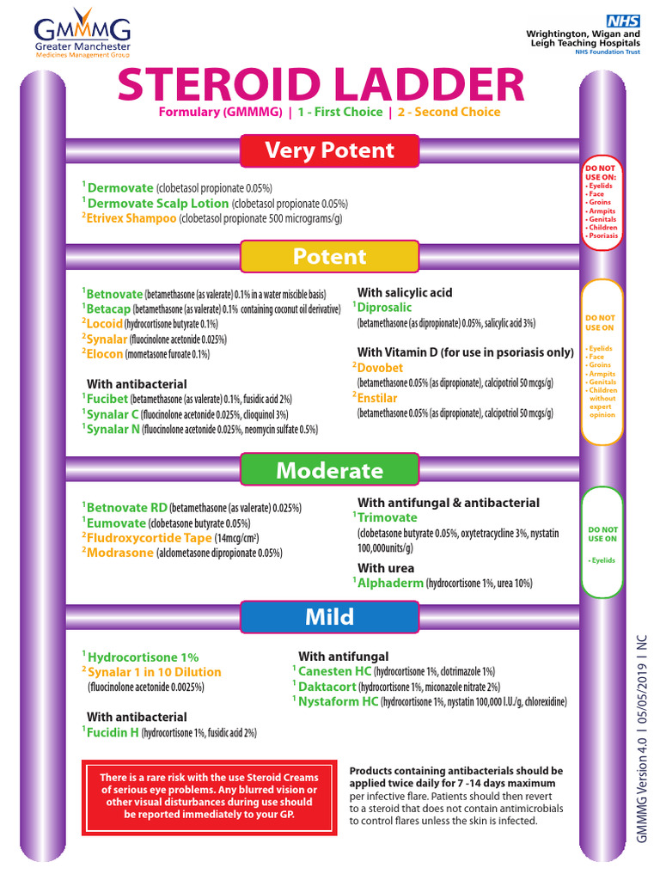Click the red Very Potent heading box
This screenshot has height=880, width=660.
click(329, 151)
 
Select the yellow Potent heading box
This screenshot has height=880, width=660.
click(329, 257)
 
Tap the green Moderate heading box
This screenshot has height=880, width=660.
click(329, 471)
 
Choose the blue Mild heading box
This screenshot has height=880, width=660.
click(329, 617)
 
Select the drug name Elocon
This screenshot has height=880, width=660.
click(105, 353)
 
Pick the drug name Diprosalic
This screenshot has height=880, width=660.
click(384, 308)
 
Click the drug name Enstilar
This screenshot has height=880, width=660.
click(378, 398)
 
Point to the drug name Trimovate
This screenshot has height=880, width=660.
click(388, 517)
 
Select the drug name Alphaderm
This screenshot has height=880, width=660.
click(391, 583)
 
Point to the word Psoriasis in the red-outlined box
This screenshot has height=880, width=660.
click(602, 235)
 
